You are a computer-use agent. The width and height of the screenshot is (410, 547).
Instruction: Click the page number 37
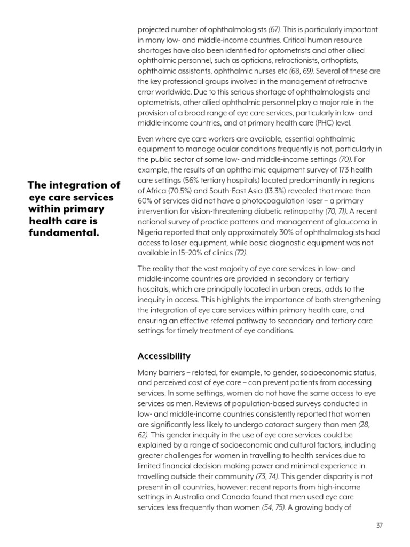pos(380,525)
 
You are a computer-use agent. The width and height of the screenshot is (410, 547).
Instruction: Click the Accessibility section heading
pos(164,356)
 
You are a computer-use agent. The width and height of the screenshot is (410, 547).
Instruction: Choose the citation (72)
pos(240,252)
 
